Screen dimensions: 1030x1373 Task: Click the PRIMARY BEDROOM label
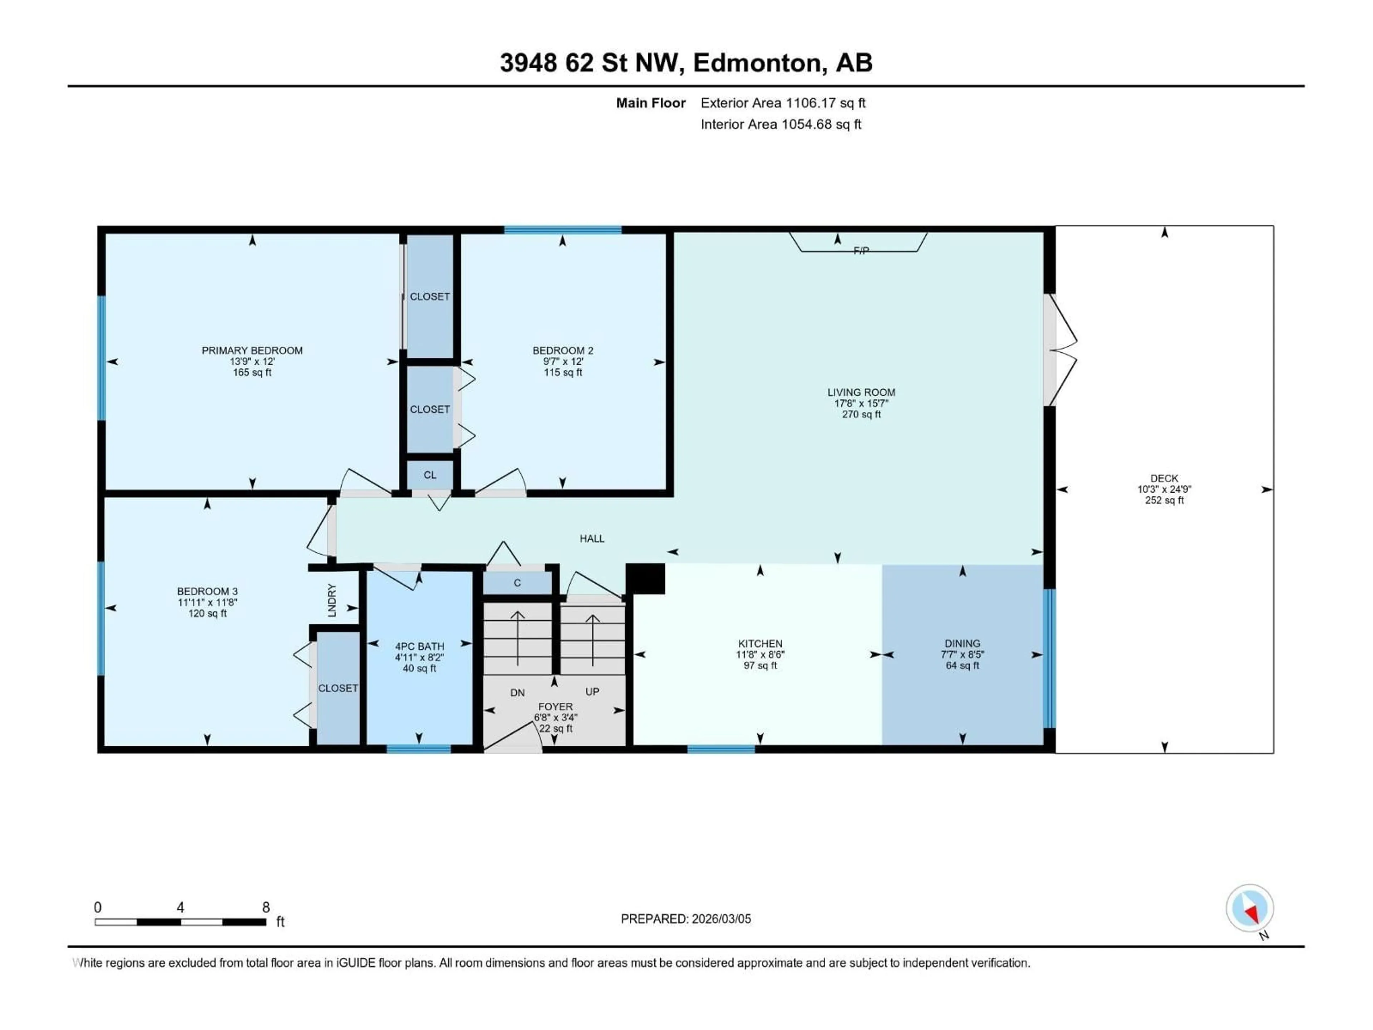(x=252, y=350)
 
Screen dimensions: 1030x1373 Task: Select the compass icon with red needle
(x=1250, y=908)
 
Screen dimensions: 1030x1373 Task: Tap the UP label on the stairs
(x=592, y=692)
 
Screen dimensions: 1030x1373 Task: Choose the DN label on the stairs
(x=517, y=693)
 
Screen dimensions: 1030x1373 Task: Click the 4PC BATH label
(x=420, y=646)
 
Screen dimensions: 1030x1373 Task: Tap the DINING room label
(x=962, y=643)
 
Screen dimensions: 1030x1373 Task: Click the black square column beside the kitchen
(x=645, y=579)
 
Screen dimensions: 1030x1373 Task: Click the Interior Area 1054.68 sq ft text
(x=781, y=124)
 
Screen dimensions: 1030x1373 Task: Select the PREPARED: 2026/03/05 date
(x=686, y=919)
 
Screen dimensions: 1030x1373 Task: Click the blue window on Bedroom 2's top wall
(x=562, y=230)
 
